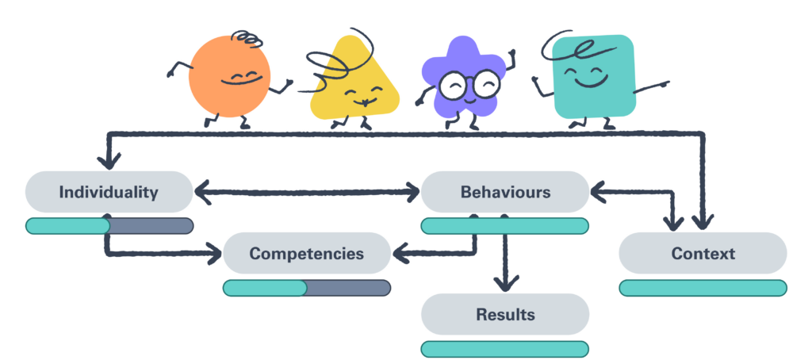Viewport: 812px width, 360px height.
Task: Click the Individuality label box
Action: point(109,192)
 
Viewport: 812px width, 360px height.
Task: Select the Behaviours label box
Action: point(505,192)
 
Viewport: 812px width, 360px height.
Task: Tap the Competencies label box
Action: point(306,254)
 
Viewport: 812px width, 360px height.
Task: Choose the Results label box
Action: point(505,314)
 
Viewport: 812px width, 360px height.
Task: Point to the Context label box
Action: point(703,254)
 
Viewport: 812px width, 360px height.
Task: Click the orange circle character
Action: point(230,77)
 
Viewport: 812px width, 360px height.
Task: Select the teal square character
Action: point(593,77)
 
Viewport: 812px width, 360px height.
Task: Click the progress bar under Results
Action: point(505,349)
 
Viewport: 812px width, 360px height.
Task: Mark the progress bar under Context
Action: point(703,288)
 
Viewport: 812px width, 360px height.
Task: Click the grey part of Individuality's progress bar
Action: point(151,226)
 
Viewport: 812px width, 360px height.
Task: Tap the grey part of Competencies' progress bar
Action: point(348,288)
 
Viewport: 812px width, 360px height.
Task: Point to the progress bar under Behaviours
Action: point(505,226)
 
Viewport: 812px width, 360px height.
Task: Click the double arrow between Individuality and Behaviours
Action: point(308,191)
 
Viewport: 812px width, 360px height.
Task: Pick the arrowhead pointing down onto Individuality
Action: point(109,159)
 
